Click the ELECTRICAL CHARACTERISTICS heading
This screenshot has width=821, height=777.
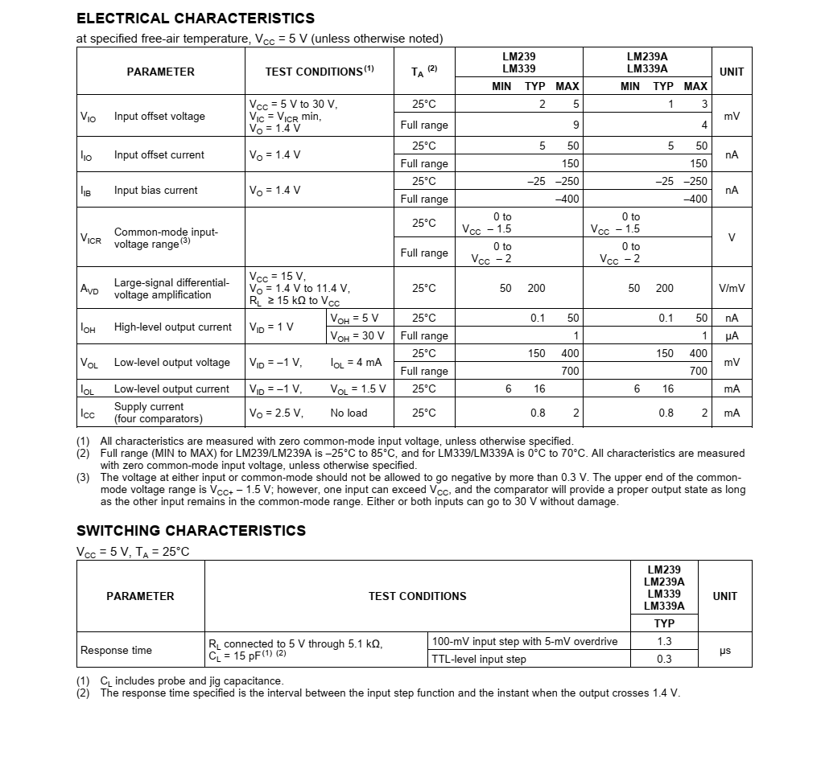196,18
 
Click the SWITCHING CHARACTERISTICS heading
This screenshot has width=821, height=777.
191,531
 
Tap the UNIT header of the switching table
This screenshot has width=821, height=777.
724,596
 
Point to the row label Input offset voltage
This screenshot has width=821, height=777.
159,117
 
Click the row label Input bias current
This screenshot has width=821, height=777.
155,191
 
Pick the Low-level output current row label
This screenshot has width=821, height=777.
171,389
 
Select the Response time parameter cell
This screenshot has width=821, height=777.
116,651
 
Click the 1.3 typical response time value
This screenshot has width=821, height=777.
664,642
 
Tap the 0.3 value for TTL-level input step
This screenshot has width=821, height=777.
664,660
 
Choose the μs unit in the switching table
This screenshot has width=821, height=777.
724,651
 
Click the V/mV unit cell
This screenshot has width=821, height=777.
731,289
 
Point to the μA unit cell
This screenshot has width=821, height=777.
731,336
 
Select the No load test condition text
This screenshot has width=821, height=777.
349,413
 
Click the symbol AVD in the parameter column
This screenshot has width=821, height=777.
89,289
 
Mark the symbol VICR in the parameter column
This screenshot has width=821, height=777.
90,239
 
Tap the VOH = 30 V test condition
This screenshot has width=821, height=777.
357,336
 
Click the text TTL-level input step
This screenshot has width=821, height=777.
479,660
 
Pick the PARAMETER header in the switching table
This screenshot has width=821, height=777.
140,596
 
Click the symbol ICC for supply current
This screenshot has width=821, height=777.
88,413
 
